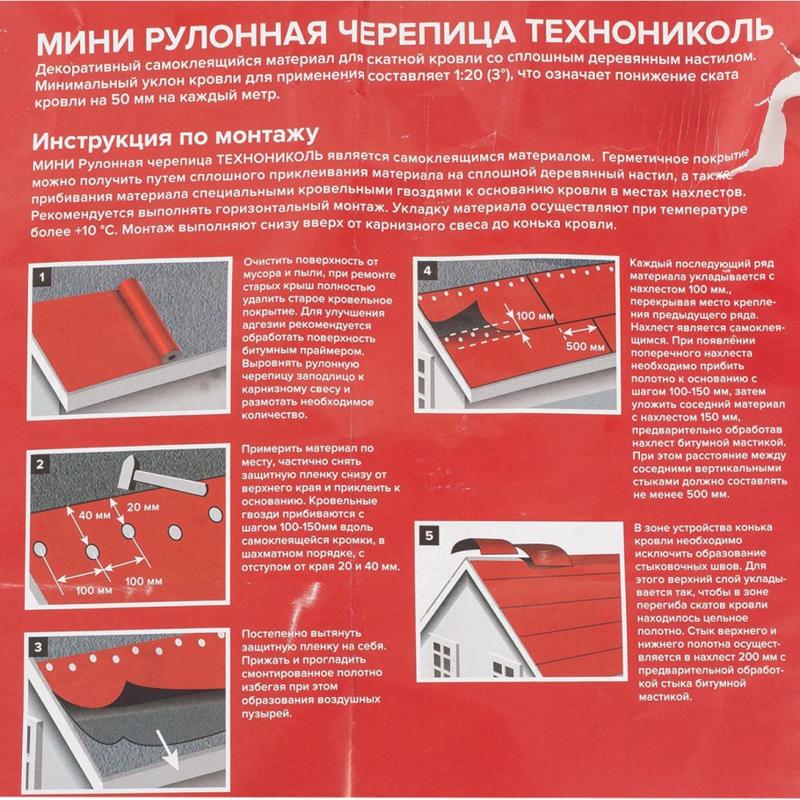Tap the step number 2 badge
tap(40, 462)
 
